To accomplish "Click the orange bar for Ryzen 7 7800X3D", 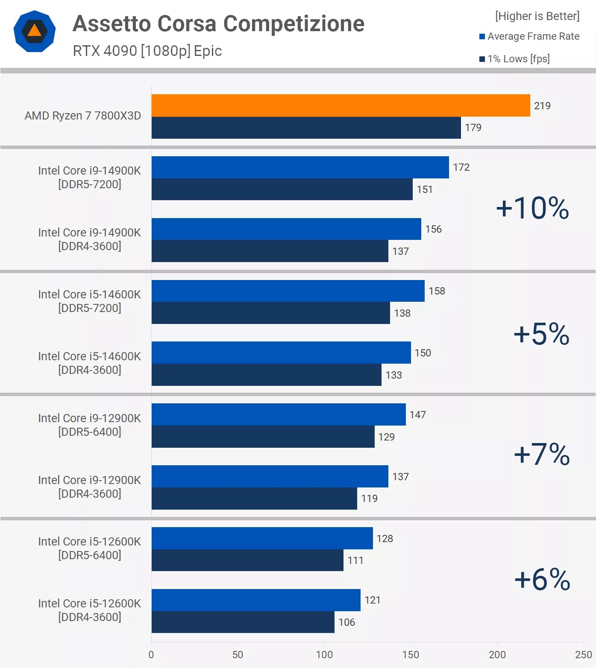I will tap(341, 105).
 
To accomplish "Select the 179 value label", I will tap(473, 128).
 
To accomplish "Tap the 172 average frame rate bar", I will tap(300, 167).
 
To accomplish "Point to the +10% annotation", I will tap(532, 208).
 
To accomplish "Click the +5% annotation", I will tap(541, 334).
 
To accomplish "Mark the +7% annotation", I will tap(542, 454).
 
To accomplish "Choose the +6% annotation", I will tap(542, 579).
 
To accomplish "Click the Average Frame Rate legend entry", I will tap(529, 36).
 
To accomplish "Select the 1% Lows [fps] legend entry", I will tap(515, 59).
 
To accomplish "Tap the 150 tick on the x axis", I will tap(411, 655).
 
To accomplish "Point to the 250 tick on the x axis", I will tap(583, 655).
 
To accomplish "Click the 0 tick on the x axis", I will tap(151, 655).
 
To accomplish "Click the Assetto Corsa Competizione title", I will tap(218, 23).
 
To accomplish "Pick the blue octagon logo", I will tap(35, 31).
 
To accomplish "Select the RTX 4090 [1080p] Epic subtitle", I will tap(147, 51).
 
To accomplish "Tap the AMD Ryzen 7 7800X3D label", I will tap(83, 116).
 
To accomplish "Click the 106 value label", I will tap(346, 622).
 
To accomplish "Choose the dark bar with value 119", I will tap(254, 499).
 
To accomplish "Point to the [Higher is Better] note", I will tap(537, 16).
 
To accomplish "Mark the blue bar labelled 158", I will tap(288, 291).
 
